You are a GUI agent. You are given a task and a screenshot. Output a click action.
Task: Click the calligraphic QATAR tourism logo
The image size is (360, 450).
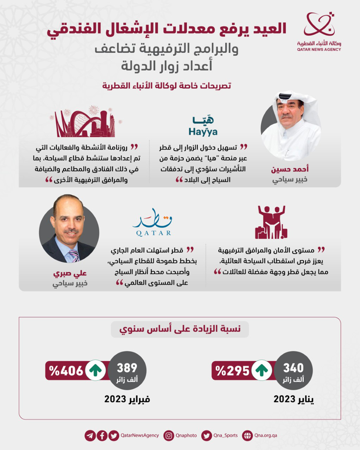[x=153, y=223]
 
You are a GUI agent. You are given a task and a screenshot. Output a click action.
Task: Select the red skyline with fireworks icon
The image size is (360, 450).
[x=86, y=122]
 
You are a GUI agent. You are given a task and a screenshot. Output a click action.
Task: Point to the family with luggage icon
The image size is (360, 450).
[x=271, y=222]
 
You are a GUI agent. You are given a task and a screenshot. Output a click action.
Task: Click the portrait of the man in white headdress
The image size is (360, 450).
[x=291, y=126]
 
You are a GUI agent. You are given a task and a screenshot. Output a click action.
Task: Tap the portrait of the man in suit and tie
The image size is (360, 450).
[x=69, y=229]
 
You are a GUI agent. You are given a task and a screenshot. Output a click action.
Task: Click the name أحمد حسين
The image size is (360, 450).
[x=290, y=169]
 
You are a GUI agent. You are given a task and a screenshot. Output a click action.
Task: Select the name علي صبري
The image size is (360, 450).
[x=70, y=273]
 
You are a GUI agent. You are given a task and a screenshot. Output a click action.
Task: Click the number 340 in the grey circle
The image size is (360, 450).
[x=293, y=368]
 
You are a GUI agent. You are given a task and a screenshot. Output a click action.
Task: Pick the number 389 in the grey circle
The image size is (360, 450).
[x=127, y=368]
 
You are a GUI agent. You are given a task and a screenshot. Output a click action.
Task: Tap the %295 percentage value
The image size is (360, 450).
[x=232, y=371]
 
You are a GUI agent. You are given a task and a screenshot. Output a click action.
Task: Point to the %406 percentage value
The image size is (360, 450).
[x=66, y=371]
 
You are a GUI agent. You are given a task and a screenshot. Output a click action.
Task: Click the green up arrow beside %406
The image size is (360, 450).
[x=96, y=370]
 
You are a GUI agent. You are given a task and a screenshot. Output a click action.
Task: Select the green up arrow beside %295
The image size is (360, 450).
[x=262, y=370]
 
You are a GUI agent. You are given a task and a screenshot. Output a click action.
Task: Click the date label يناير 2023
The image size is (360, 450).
[x=293, y=399]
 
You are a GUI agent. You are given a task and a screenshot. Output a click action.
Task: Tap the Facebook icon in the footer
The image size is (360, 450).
[x=102, y=436]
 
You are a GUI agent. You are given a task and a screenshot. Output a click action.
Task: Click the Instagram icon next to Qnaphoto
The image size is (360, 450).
[x=169, y=436]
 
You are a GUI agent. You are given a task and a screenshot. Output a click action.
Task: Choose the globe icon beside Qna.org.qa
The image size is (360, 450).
[x=247, y=436]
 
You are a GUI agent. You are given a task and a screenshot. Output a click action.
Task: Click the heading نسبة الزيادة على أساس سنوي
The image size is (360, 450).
[x=180, y=329]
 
